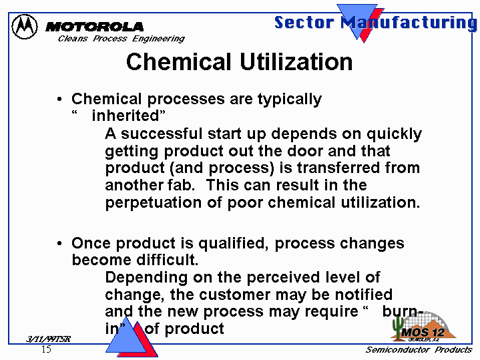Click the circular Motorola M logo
click(x=25, y=26)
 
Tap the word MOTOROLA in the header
click(x=94, y=27)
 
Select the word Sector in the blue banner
click(x=304, y=23)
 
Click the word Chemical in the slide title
click(x=178, y=61)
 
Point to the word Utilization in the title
click(x=296, y=61)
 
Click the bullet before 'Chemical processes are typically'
click(x=59, y=100)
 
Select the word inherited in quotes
click(x=126, y=116)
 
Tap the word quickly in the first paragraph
click(x=395, y=134)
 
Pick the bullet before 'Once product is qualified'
click(x=59, y=243)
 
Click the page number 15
click(x=46, y=349)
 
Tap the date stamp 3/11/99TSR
click(x=48, y=339)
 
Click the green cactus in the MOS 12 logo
click(x=399, y=327)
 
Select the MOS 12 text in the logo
click(x=423, y=333)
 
